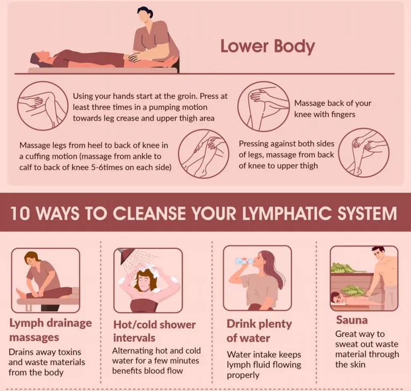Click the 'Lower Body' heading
268,47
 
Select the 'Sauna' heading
352,320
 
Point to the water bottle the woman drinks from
244,260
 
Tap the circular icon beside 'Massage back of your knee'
263,106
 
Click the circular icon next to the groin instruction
43,106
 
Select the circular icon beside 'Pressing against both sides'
364,153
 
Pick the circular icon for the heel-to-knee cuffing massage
204,154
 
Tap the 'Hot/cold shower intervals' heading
154,331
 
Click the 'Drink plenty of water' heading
259,331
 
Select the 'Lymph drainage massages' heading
51,330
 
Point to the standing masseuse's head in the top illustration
145,15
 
